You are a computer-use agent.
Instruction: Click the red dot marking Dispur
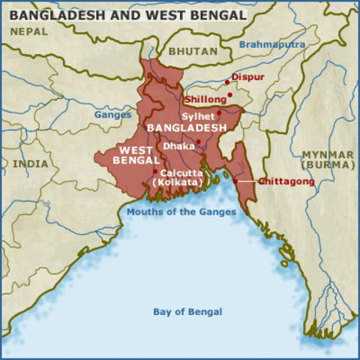[x=227, y=82]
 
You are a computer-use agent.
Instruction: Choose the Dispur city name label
[x=249, y=77]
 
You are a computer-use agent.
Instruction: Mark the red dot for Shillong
[x=230, y=95]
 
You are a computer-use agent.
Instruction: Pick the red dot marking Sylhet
[x=219, y=113]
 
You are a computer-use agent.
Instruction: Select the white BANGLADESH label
[x=187, y=128]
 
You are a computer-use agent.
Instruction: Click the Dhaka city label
[x=178, y=146]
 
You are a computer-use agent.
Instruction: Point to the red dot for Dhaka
[x=199, y=142]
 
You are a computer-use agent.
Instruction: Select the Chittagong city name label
[x=286, y=181]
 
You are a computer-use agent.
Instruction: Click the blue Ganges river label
[x=112, y=115]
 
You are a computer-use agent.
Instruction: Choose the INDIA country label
[x=30, y=163]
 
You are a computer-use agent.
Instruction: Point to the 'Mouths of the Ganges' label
[x=181, y=211]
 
